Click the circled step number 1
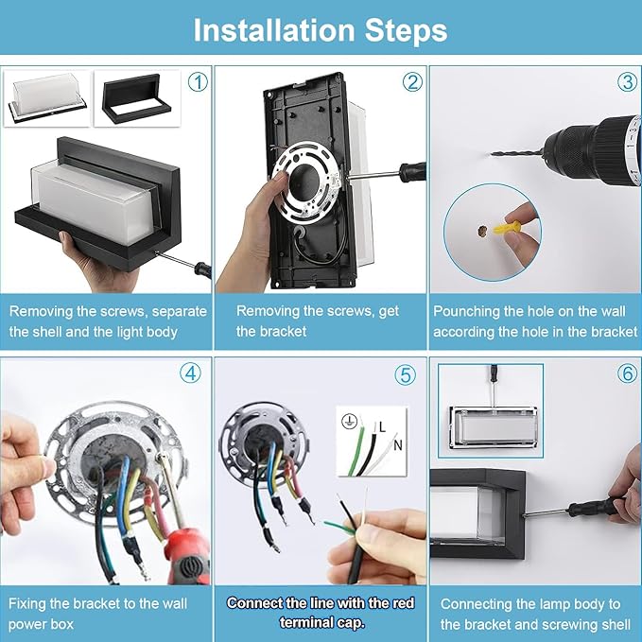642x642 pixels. click(198, 82)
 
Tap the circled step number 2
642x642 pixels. click(412, 82)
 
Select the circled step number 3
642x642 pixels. click(627, 82)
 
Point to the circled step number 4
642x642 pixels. click(190, 373)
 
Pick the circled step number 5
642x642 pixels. click(406, 374)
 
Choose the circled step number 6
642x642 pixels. click(628, 373)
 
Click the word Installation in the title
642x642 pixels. click(274, 30)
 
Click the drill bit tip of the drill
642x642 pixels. click(493, 154)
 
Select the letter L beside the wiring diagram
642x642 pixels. click(382, 427)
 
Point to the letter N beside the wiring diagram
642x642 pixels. click(397, 445)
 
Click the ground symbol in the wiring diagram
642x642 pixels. click(349, 421)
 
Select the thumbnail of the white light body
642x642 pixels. click(47, 98)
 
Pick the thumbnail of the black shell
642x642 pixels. click(137, 98)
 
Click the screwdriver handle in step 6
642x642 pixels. click(594, 508)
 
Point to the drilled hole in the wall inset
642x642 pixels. click(482, 231)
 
